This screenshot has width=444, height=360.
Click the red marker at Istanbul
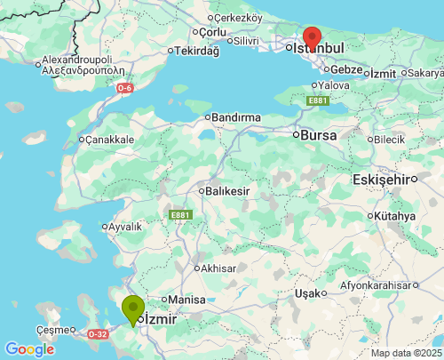coord(312,37)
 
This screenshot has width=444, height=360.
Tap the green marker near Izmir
coord(133,309)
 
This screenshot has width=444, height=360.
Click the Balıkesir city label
coord(227,190)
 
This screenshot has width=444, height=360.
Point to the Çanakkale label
coord(109,140)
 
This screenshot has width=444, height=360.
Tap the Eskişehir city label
coord(384,179)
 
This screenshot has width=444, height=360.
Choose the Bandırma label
coord(235,116)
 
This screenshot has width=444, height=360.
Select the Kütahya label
coord(395,216)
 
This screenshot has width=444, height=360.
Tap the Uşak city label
coord(307,292)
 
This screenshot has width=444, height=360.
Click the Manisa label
coord(186,300)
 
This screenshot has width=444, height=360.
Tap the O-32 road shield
coord(98,334)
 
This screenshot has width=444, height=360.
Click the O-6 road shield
coord(126,88)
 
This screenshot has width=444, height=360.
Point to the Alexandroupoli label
coord(83,64)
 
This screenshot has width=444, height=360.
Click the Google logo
coord(29,349)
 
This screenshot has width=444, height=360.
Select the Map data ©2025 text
coord(406,353)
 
